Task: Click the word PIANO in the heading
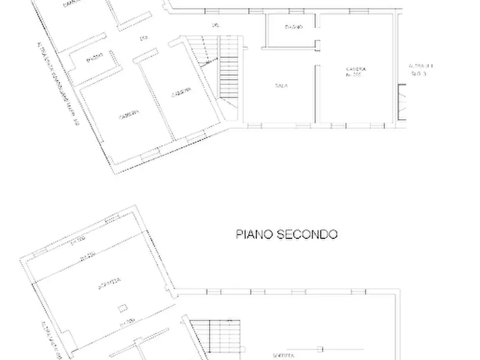[255, 234]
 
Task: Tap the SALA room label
[280, 85]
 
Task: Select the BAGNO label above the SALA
[293, 27]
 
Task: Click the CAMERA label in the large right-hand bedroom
[356, 69]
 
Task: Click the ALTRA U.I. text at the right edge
[421, 66]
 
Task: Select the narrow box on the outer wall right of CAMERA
[400, 102]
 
